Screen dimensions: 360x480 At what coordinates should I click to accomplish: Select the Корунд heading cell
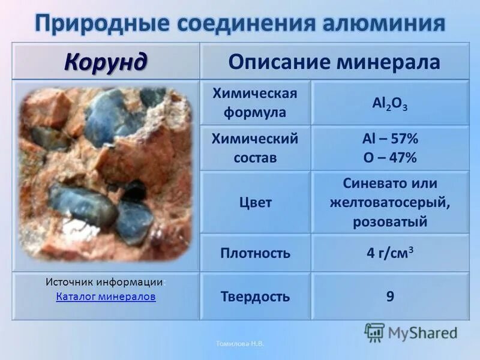pyautogui.click(x=106, y=61)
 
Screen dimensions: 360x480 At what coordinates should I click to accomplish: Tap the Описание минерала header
pyautogui.click(x=335, y=62)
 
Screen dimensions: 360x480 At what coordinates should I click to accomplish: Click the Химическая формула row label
pyautogui.click(x=255, y=103)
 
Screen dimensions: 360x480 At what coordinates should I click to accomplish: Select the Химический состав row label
pyautogui.click(x=255, y=148)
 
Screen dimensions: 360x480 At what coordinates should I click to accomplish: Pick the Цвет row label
pyautogui.click(x=255, y=202)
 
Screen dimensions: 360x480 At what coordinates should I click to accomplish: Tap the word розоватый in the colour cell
pyautogui.click(x=390, y=221)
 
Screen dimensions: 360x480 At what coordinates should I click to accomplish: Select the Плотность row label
pyautogui.click(x=255, y=253)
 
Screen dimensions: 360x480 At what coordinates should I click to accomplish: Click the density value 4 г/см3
pyautogui.click(x=390, y=253)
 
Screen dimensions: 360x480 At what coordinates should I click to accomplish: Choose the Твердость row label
pyautogui.click(x=255, y=296)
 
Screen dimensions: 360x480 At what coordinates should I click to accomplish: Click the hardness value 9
pyautogui.click(x=390, y=296)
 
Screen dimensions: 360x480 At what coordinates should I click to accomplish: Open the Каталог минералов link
pyautogui.click(x=106, y=296)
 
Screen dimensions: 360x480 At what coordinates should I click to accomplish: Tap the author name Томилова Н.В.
pyautogui.click(x=240, y=344)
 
